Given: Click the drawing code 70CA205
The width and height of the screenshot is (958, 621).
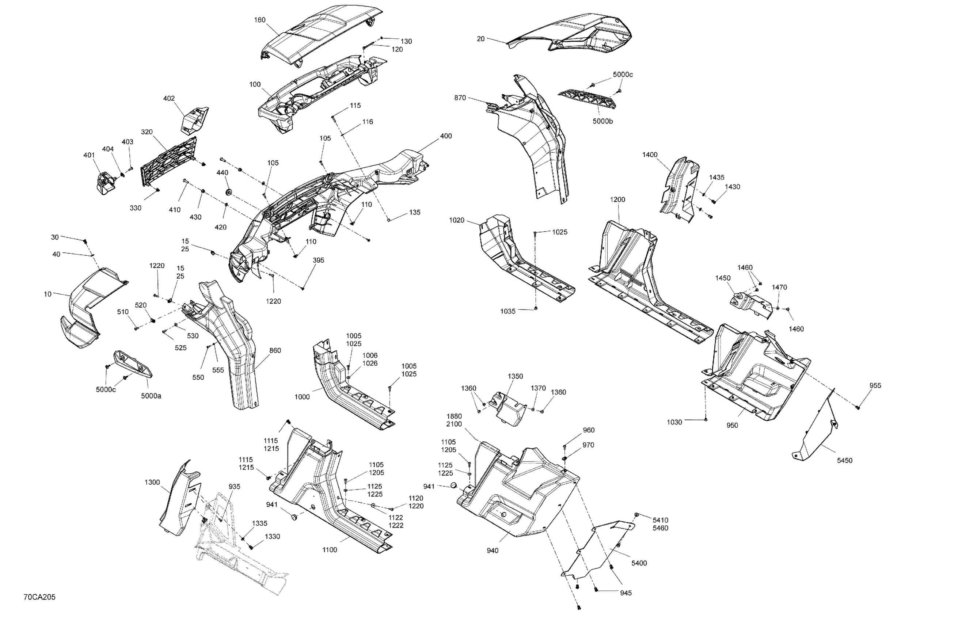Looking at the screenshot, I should (x=39, y=597).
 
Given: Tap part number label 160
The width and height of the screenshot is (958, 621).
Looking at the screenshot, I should (x=260, y=20).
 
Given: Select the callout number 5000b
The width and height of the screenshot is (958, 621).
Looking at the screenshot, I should (x=602, y=121).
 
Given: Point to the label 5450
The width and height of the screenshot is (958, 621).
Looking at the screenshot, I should (x=844, y=460).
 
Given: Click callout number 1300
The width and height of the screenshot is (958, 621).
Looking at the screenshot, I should (x=152, y=482).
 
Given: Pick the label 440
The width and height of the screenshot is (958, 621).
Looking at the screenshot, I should (x=222, y=173).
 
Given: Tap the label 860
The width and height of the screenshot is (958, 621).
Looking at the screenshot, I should (x=275, y=351).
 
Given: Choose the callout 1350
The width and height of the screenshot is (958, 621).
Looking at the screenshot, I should (x=515, y=376).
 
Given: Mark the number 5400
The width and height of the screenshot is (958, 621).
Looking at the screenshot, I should (x=639, y=563).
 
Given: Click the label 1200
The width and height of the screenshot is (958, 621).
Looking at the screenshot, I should (x=617, y=199).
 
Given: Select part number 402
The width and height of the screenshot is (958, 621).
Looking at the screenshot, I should (x=169, y=98).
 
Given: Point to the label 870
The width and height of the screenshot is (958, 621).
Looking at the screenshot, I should (x=460, y=98).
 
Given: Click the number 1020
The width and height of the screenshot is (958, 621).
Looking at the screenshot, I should (x=456, y=220).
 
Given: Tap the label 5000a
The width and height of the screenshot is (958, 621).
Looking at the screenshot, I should (x=151, y=396).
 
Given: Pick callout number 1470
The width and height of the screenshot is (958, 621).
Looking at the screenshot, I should (x=779, y=287).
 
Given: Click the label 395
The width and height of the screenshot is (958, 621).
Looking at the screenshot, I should (x=318, y=260).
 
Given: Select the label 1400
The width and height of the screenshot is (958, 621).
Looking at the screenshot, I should (x=650, y=155).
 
